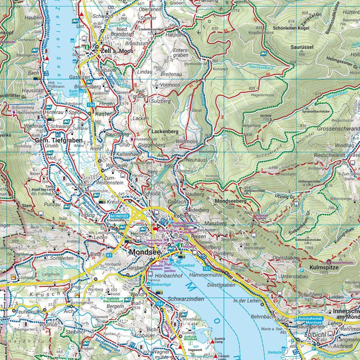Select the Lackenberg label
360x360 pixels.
(x=165, y=132)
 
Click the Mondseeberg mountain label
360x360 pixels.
(x=230, y=201)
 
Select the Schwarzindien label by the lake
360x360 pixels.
(x=186, y=299)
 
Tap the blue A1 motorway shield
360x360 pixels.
(x=109, y=255)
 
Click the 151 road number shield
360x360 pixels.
(x=206, y=268)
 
